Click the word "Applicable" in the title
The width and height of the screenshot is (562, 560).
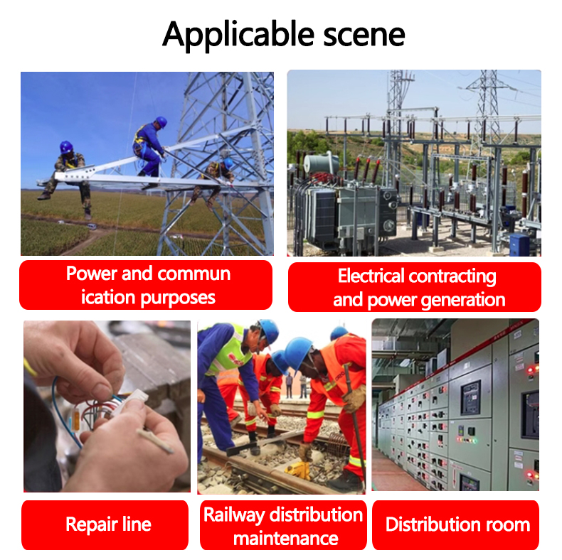coord(238,36)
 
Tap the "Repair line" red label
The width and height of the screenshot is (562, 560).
coord(105,524)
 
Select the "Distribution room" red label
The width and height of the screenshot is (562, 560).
coord(455,524)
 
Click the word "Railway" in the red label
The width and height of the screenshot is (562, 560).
coord(235,516)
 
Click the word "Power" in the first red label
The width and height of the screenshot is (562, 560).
coord(92,274)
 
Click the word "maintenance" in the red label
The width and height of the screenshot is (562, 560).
coord(286,539)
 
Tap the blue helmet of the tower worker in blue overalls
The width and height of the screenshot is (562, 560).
coord(161,122)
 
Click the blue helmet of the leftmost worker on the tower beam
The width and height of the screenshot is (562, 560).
coord(66,147)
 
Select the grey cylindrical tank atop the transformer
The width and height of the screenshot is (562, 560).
coord(321,164)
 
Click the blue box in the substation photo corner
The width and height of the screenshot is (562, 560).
coord(519,244)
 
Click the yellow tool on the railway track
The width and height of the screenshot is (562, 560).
coord(298,470)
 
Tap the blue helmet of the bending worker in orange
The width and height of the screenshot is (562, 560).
coord(297,352)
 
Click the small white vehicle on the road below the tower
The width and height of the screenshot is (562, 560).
coord(92,226)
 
